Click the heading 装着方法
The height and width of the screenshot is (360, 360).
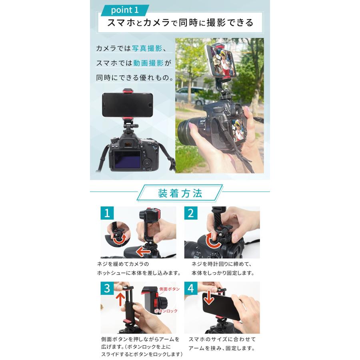(180, 194)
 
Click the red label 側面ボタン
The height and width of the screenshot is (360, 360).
(169, 289)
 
